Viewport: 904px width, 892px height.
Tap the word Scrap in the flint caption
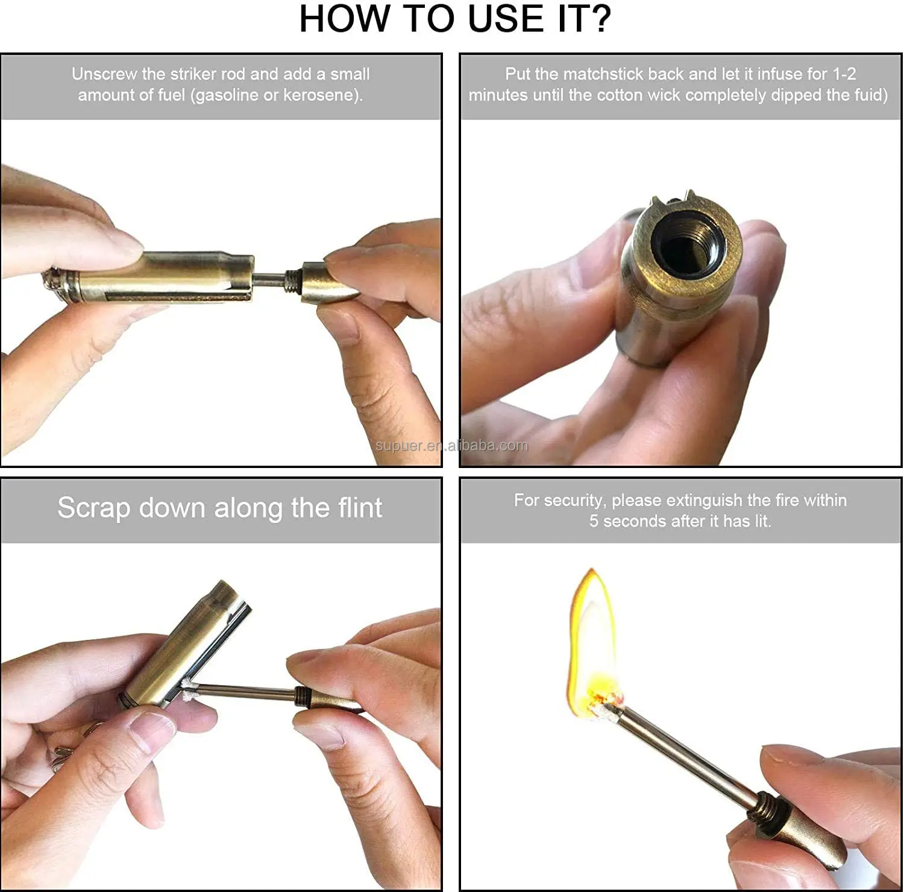coord(94,508)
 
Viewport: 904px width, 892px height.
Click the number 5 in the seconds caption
coord(594,521)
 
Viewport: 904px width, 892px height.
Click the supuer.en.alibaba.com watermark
coord(451,446)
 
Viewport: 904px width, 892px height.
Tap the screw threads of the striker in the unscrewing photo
coord(293,280)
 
